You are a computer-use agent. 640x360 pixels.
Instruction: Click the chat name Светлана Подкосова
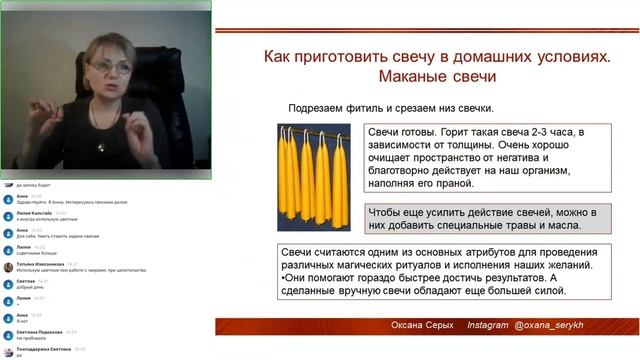click(38, 330)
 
